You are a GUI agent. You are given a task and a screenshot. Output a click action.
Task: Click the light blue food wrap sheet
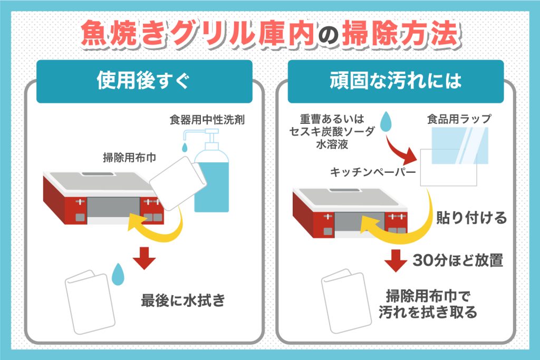coord(458,145)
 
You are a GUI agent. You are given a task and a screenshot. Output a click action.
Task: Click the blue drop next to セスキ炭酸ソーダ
coord(388,122)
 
